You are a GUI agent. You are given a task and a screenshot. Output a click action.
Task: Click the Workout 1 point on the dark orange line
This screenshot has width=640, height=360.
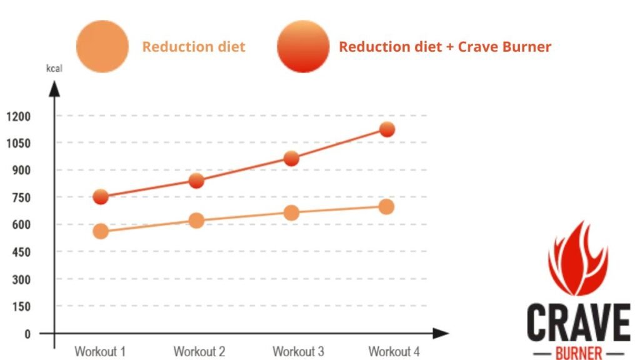point(101,197)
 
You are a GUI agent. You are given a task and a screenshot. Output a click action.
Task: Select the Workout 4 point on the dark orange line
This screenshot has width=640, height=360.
point(387,129)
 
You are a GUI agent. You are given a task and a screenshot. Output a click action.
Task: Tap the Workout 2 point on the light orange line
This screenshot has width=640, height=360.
point(196,220)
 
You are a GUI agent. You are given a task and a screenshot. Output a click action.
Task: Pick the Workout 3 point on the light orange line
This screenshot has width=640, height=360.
point(291,213)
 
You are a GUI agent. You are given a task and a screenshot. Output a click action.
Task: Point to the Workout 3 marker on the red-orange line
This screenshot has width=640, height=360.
point(291,159)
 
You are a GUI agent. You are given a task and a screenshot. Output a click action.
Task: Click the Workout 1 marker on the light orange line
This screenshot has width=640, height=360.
point(101,231)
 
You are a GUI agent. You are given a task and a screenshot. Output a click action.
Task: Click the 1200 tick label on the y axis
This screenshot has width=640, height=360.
point(19,116)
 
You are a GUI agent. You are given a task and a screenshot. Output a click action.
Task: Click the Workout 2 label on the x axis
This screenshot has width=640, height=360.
point(199,351)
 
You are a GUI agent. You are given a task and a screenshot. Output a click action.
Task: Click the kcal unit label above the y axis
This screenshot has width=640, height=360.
point(54,67)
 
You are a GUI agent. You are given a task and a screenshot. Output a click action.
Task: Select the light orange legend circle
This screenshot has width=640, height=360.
point(102,46)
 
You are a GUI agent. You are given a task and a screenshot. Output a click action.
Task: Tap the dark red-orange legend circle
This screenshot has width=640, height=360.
point(303,46)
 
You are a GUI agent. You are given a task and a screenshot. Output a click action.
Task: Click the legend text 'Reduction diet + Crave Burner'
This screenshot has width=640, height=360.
point(445,47)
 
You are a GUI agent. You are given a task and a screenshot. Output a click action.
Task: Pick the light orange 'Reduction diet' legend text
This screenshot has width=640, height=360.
point(194,47)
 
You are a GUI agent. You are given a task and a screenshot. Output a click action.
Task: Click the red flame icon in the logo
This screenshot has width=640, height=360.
point(577,260)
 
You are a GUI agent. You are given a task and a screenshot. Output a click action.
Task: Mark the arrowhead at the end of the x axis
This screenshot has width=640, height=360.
point(441,333)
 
